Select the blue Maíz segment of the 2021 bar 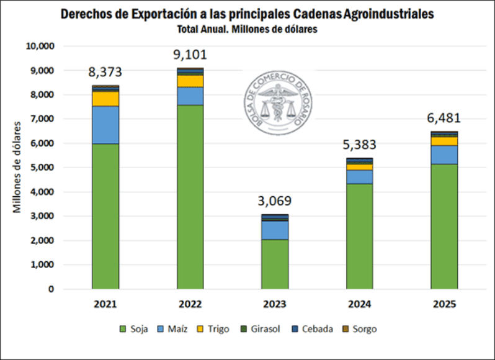click(x=105, y=125)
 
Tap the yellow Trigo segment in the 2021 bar click(x=105, y=99)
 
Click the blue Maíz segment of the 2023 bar click(x=275, y=230)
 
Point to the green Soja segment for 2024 click(x=360, y=236)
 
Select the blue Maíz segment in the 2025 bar click(x=444, y=155)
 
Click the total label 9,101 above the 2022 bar click(x=190, y=55)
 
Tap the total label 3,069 click(x=275, y=201)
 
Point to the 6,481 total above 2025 click(x=444, y=119)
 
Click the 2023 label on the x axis click(x=275, y=305)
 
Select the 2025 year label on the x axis click(x=444, y=305)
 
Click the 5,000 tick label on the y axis click(x=42, y=168)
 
